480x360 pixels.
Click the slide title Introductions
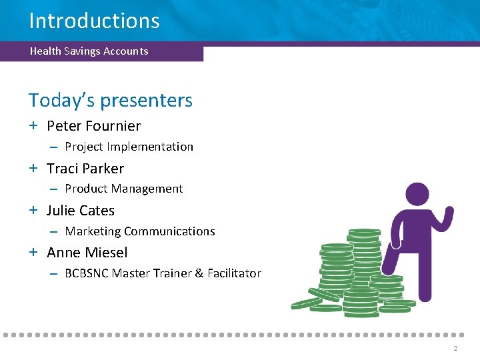click(94, 21)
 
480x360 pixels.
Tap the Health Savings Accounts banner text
click(89, 51)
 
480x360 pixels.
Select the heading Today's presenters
click(110, 101)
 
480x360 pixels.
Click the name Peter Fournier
click(93, 126)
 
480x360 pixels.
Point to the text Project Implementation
click(129, 147)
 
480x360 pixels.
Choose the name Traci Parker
click(85, 169)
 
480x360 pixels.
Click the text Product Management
click(123, 189)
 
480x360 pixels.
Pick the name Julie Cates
click(81, 211)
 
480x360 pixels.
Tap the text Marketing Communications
click(139, 231)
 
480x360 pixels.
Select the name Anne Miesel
click(87, 253)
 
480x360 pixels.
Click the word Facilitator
click(234, 273)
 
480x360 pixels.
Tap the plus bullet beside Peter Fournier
click(33, 126)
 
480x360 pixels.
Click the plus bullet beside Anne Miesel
click(33, 253)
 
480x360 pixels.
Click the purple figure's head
click(417, 196)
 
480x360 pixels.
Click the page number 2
click(455, 349)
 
